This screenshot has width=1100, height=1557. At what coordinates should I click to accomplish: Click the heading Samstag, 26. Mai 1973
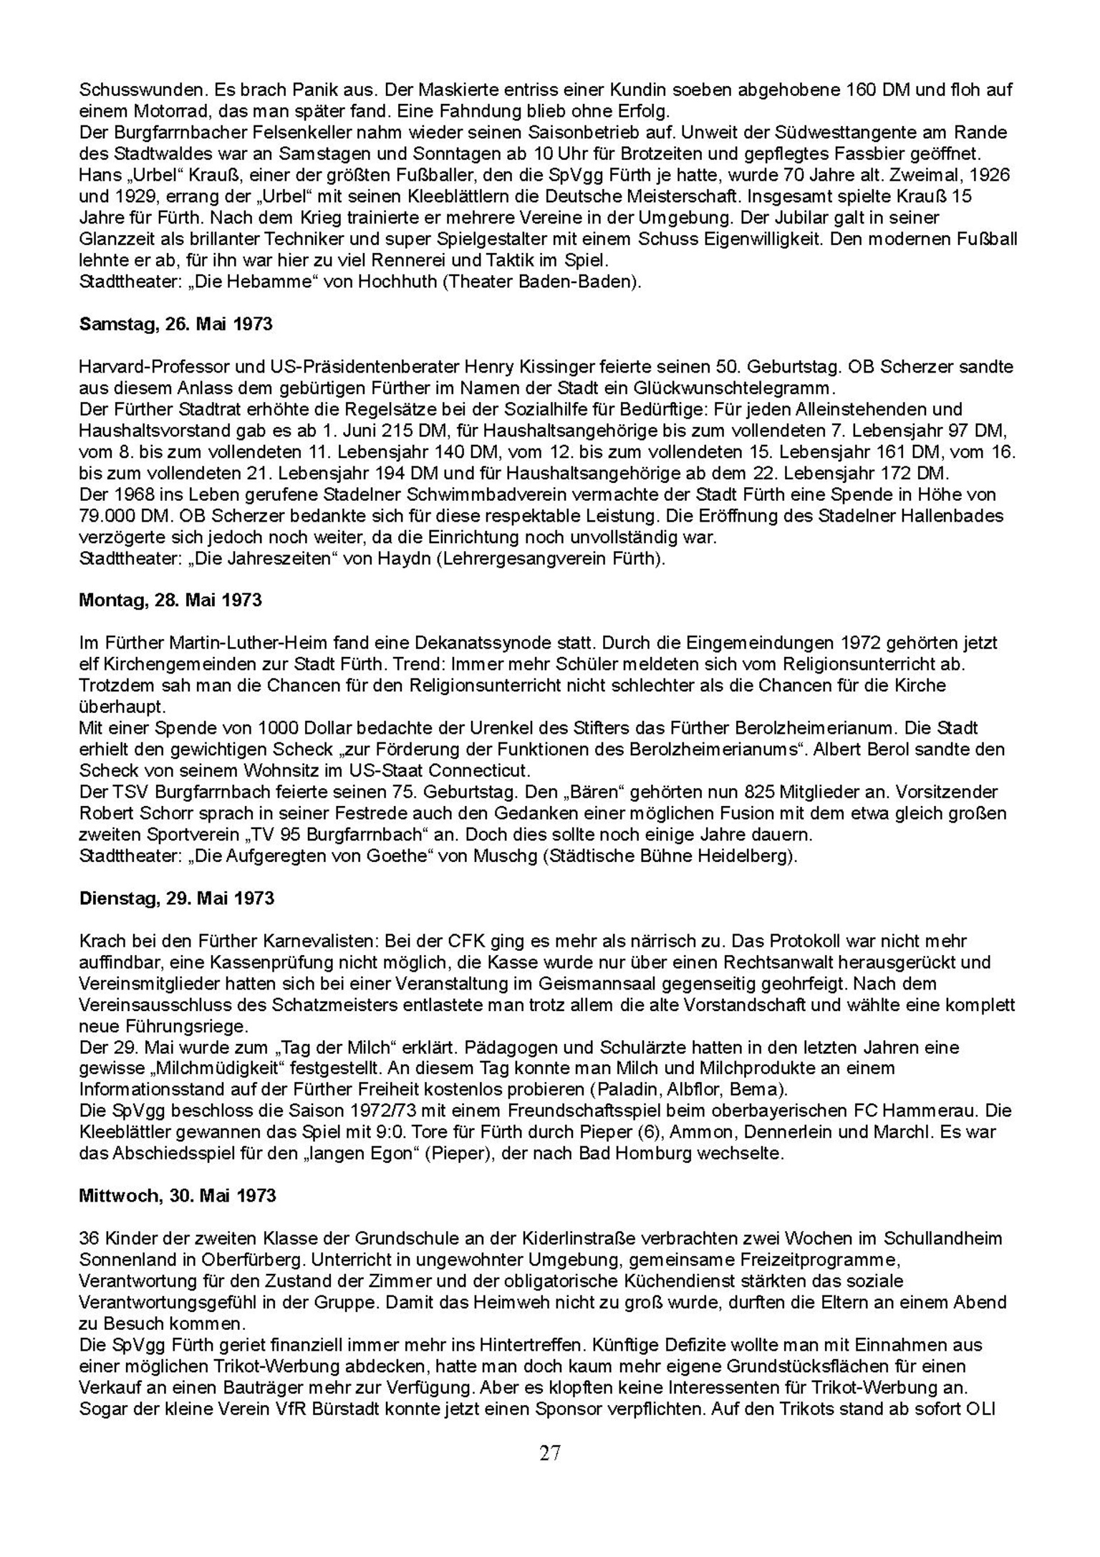tap(175, 324)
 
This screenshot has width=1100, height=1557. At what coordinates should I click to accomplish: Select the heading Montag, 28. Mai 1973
tap(170, 600)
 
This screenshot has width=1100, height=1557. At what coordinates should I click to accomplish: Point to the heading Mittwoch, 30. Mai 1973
tap(178, 1195)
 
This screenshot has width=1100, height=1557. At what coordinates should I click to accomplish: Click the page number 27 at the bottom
tap(550, 1452)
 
